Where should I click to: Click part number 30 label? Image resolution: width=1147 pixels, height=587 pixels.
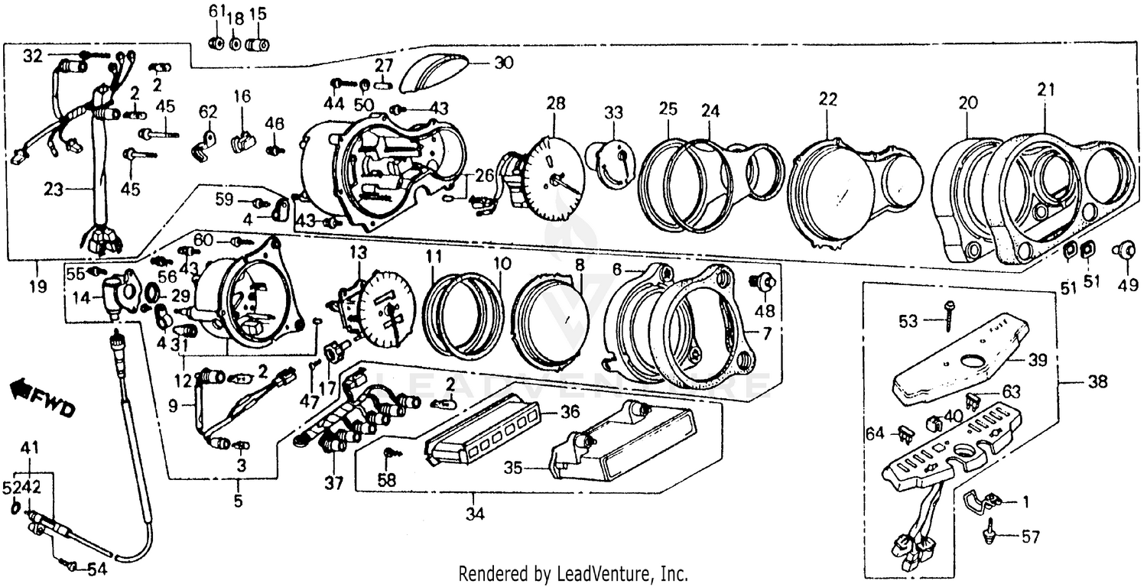pos(503,63)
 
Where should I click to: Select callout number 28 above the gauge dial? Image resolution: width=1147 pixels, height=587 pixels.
pos(556,103)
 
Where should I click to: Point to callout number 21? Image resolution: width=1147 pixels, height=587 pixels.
pos(1045,89)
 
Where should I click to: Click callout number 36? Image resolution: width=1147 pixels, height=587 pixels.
pos(570,412)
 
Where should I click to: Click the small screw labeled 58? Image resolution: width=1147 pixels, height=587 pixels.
pos(392,453)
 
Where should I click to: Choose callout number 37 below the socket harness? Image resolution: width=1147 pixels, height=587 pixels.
pos(334,483)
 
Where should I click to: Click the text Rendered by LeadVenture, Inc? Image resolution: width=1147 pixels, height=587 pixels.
pos(573,573)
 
